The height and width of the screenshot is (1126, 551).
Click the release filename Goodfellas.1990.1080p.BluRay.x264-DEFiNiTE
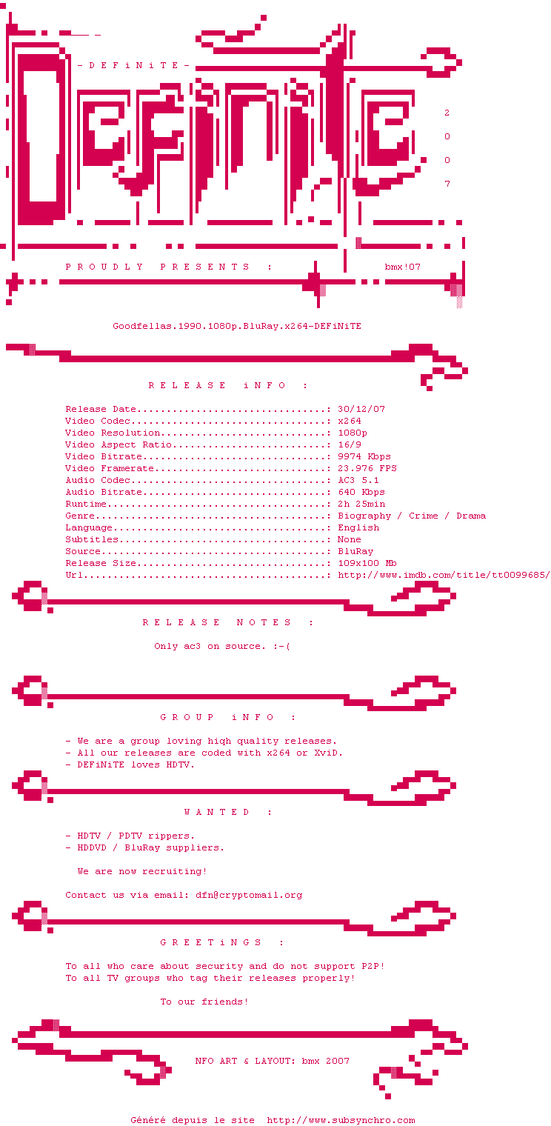click(x=237, y=326)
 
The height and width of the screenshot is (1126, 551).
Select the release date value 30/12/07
click(x=361, y=409)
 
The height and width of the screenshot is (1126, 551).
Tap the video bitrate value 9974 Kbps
click(x=364, y=456)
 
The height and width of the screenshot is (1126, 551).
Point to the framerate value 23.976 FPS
click(x=367, y=468)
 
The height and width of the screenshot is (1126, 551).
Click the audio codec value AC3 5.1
click(x=358, y=480)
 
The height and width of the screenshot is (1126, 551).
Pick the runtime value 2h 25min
click(x=361, y=504)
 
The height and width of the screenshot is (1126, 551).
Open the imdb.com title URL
click(x=444, y=575)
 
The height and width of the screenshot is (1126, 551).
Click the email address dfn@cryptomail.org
click(x=249, y=895)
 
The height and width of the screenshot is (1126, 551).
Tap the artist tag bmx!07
click(x=403, y=267)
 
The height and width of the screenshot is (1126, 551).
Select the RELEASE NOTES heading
click(x=228, y=622)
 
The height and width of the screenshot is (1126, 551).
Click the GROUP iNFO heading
click(x=228, y=717)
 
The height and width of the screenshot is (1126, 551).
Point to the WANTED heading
click(x=228, y=812)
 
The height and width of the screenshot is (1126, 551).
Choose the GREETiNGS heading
click(x=222, y=942)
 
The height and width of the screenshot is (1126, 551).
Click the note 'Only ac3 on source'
click(x=222, y=646)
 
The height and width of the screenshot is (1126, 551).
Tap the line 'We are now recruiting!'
click(x=142, y=871)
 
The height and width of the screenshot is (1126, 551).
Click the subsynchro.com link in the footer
click(x=341, y=1120)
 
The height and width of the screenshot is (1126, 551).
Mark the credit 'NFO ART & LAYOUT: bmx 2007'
click(x=273, y=1061)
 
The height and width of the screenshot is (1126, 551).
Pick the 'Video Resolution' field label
click(x=113, y=433)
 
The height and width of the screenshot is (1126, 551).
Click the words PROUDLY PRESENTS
click(x=157, y=267)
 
